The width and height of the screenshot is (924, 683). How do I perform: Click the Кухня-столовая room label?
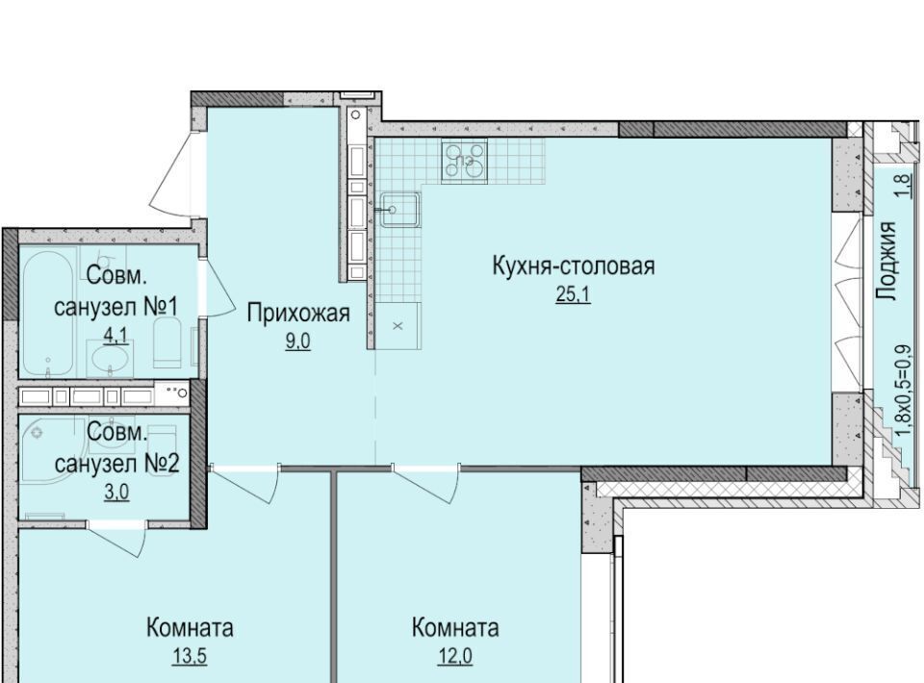coord(573,266)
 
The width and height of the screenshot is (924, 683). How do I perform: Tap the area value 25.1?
coord(573,293)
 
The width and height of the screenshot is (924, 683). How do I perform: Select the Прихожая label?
coord(298,314)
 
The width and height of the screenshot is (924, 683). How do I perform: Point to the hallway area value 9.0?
coord(297,341)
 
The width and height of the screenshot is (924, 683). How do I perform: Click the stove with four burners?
coord(464,160)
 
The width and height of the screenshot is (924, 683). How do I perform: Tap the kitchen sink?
coord(399,210)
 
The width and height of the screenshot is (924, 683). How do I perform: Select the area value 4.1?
coord(115,336)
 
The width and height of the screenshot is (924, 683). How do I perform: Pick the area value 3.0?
coord(116,492)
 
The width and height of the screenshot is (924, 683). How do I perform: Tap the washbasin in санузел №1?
coord(110,358)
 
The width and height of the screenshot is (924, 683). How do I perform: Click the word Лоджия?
coord(885,262)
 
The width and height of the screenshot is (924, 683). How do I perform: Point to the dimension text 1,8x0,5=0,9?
coord(908,390)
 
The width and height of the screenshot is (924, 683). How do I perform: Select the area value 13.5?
coord(190,656)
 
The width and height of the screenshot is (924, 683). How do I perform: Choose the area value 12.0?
coord(455,655)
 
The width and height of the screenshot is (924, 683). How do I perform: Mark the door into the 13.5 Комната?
coord(244,484)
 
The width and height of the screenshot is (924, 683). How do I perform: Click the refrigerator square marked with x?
coord(398,325)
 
